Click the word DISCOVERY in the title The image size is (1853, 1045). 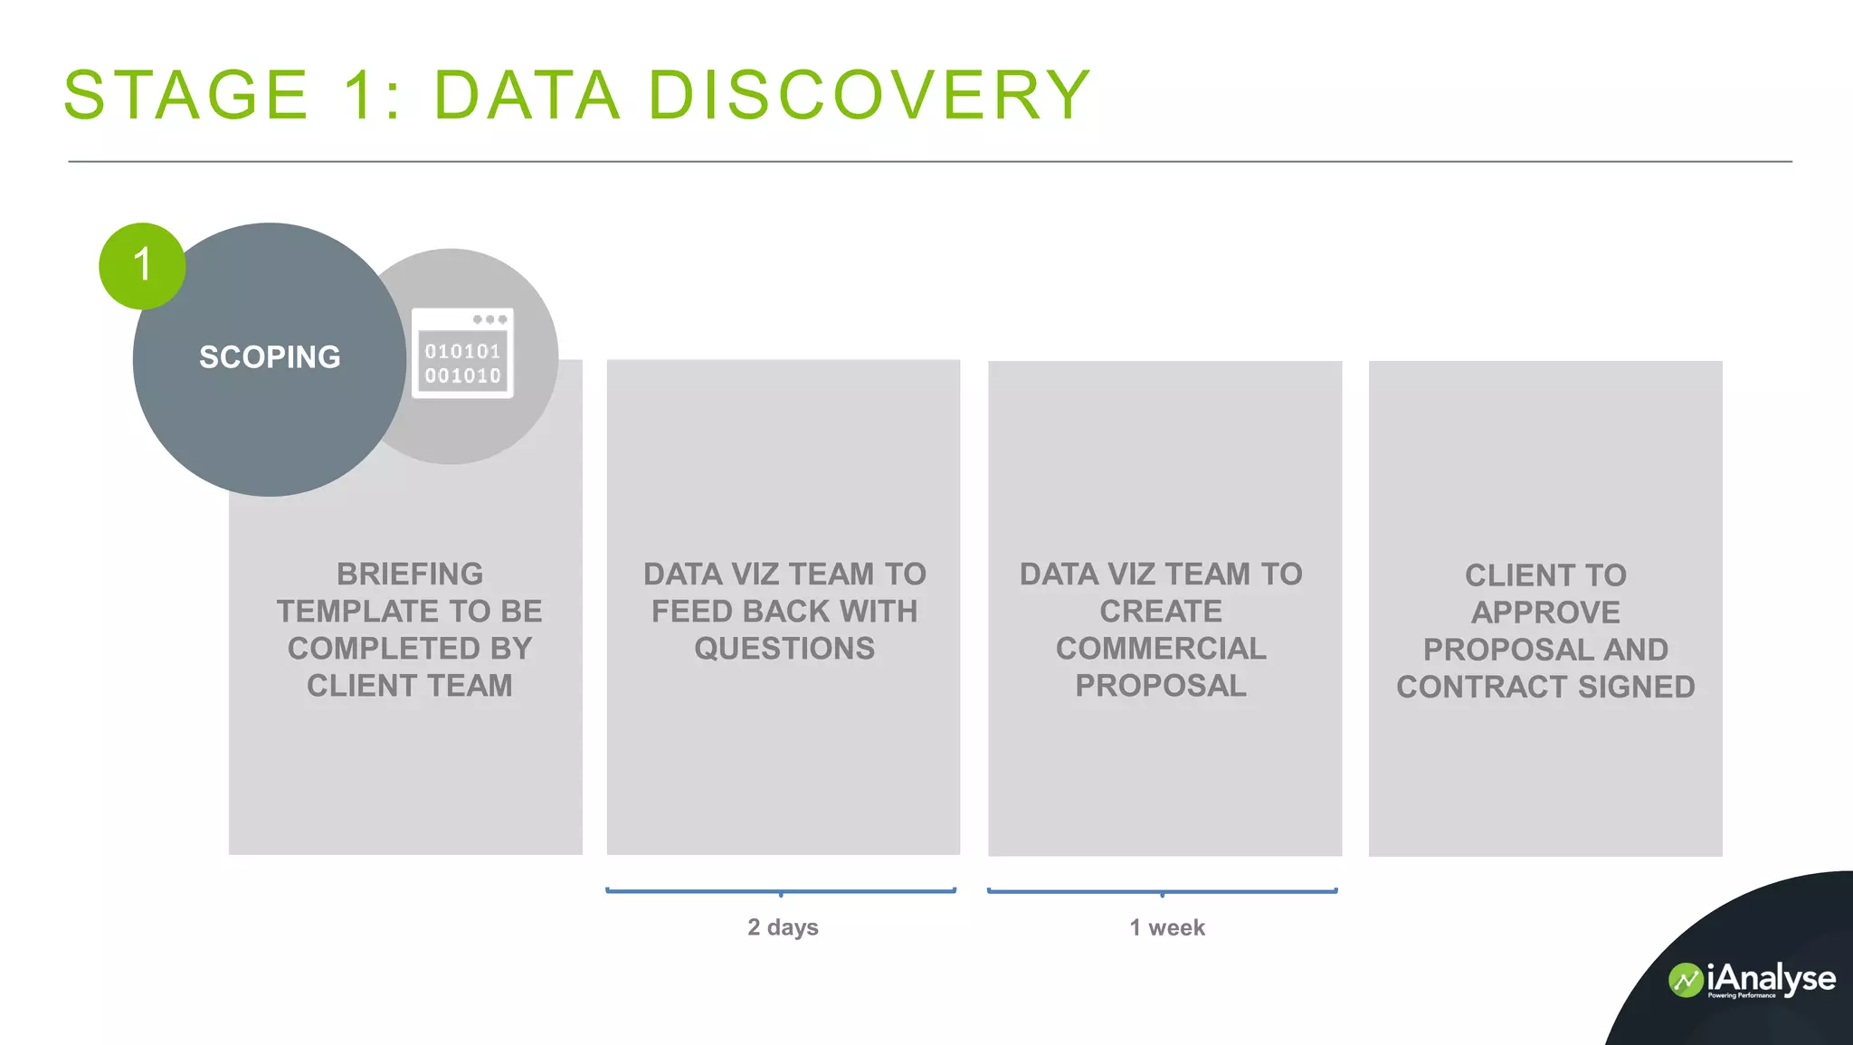click(x=869, y=95)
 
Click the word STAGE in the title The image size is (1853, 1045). click(x=186, y=95)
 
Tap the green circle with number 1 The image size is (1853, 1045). click(x=142, y=266)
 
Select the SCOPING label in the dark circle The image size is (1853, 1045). click(x=270, y=357)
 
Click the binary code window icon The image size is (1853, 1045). click(x=462, y=353)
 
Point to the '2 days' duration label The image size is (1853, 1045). click(x=783, y=927)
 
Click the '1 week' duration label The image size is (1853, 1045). click(x=1167, y=927)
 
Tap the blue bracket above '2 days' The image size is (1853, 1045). click(x=781, y=891)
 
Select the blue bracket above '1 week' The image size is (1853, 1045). click(x=1163, y=891)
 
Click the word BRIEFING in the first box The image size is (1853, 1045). click(x=410, y=575)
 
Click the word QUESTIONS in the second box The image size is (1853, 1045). click(x=784, y=649)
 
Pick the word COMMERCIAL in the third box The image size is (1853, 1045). click(x=1161, y=649)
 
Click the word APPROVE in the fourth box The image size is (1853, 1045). click(x=1545, y=613)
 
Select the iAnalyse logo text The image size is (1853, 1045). click(x=1771, y=978)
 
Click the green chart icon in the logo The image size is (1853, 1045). click(x=1686, y=981)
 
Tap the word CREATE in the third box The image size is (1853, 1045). click(x=1161, y=612)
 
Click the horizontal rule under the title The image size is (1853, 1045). click(x=929, y=162)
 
